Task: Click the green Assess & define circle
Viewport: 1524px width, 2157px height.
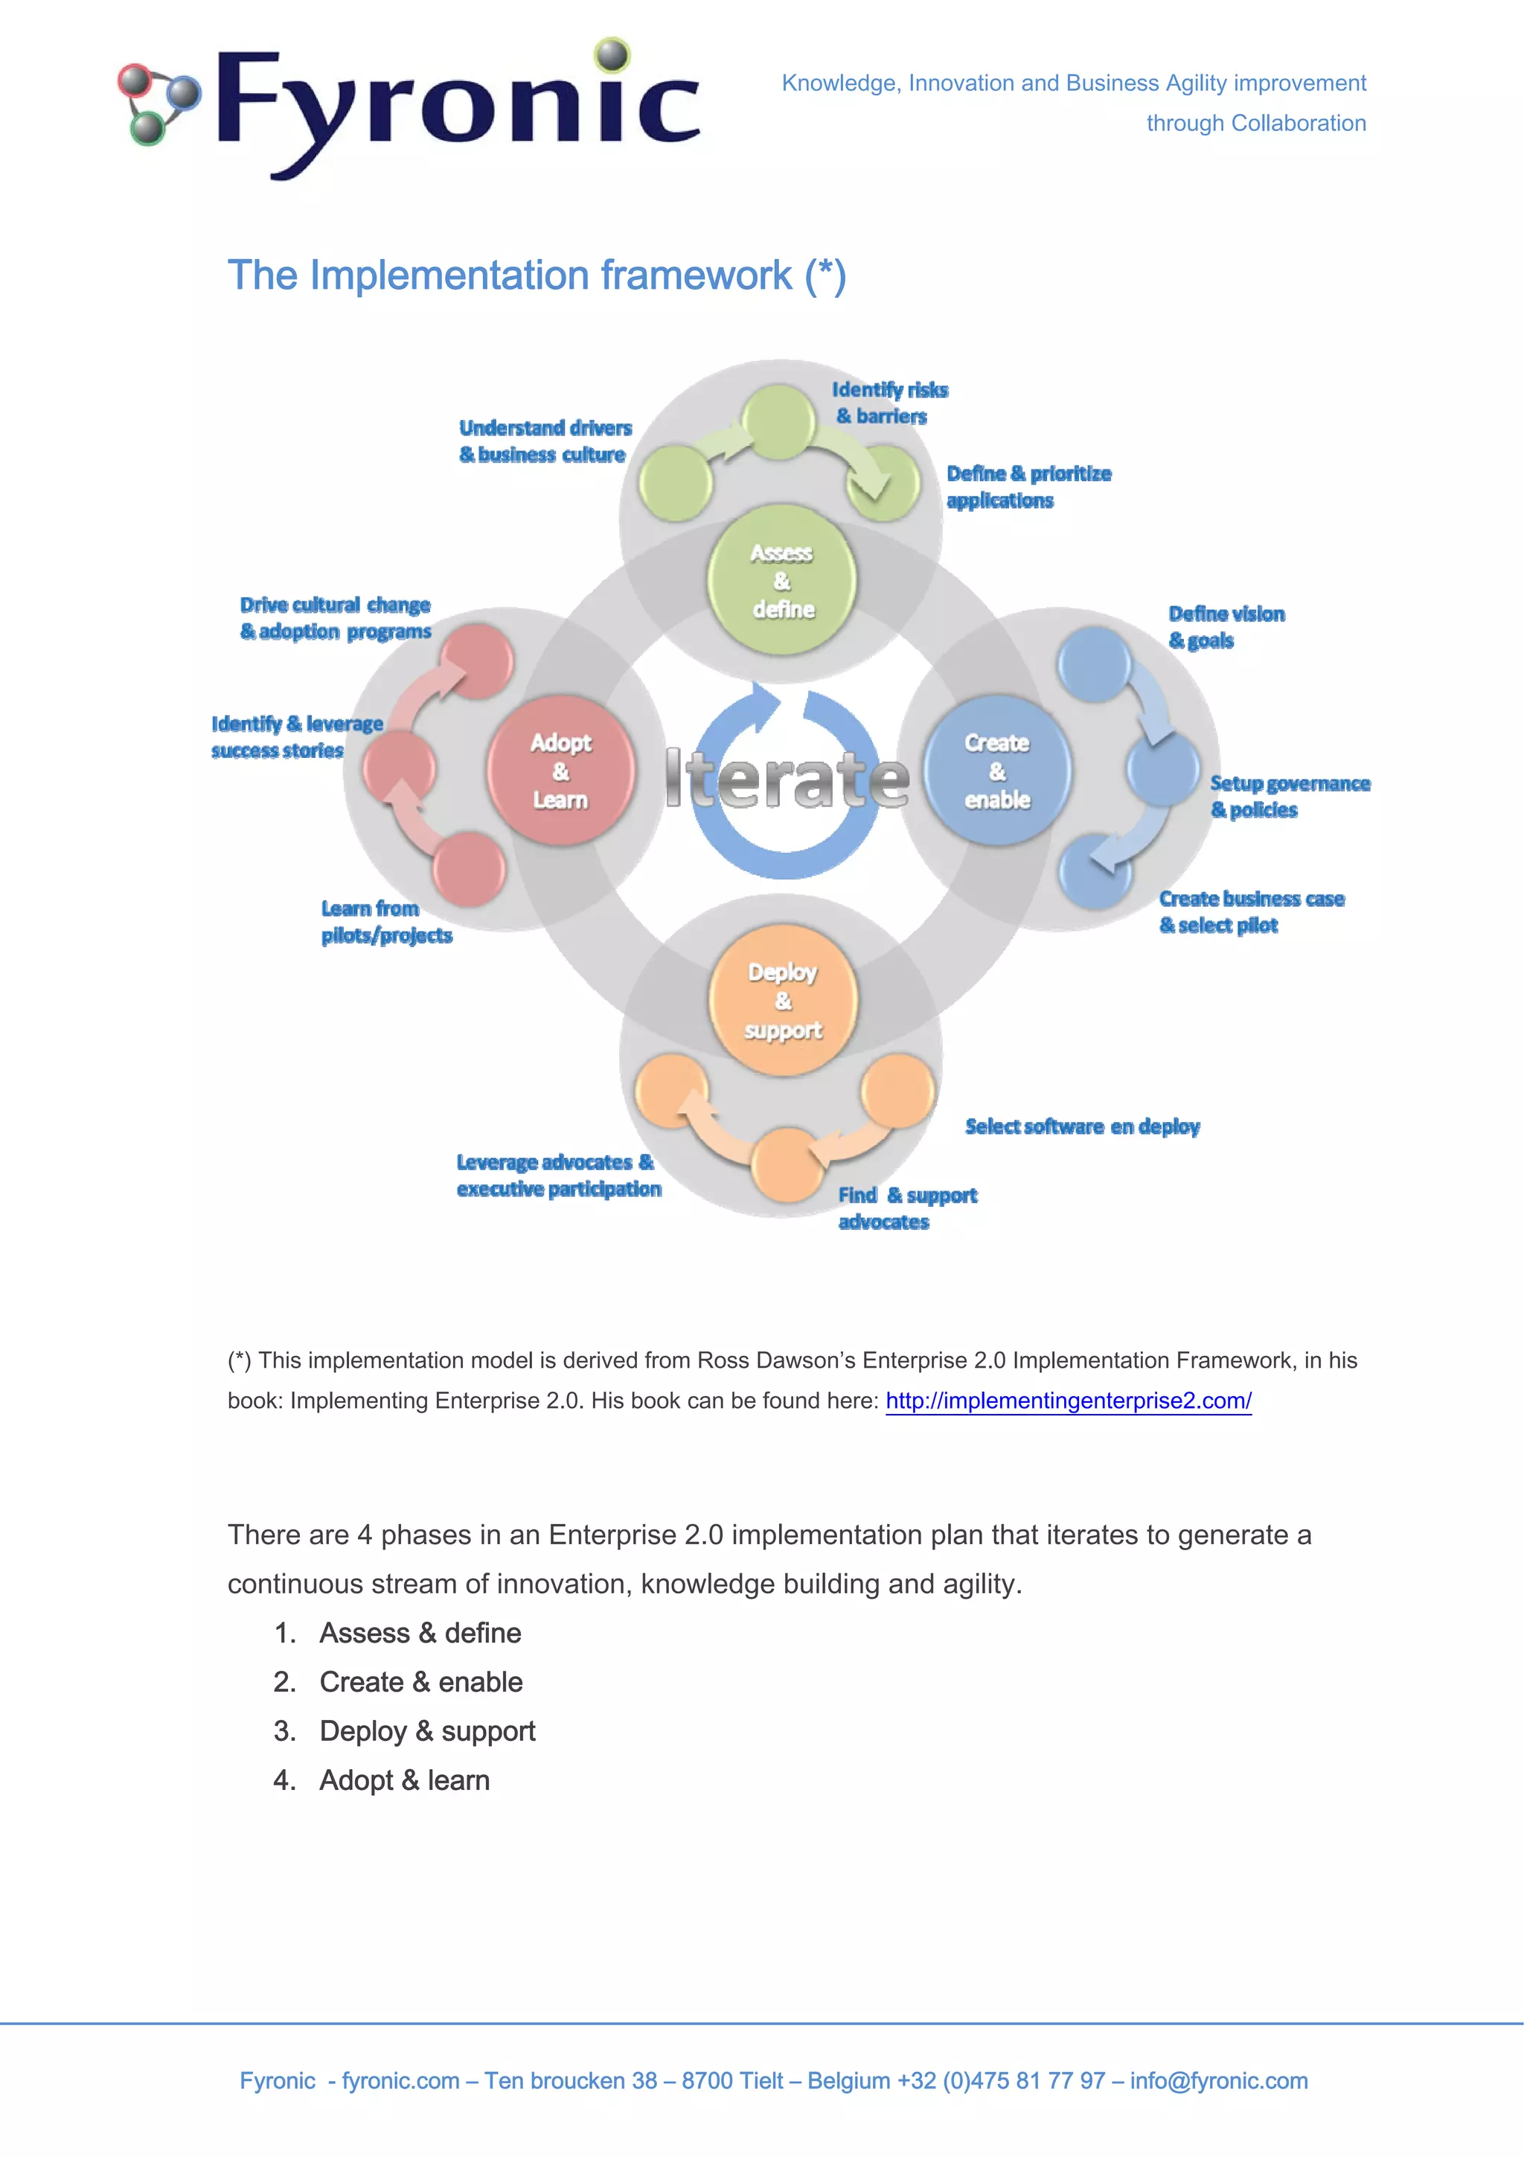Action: pos(782,581)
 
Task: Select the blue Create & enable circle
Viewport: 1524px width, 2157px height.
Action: pos(996,771)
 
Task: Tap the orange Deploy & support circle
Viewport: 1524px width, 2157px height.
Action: pos(782,1000)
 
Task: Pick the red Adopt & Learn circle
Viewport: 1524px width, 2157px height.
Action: pos(560,771)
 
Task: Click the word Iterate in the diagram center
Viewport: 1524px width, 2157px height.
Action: pos(787,780)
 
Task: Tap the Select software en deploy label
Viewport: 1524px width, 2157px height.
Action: pos(1082,1126)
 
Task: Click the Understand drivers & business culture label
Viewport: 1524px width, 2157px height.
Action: pos(545,441)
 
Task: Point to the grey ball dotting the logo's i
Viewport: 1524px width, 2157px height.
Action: pos(612,54)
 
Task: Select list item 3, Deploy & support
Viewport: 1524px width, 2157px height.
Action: pos(426,1730)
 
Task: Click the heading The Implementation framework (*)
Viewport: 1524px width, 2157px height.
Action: pos(537,275)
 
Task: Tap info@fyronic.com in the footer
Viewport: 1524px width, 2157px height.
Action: pos(1218,2080)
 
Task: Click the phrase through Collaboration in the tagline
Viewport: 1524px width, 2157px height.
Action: pos(1255,123)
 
